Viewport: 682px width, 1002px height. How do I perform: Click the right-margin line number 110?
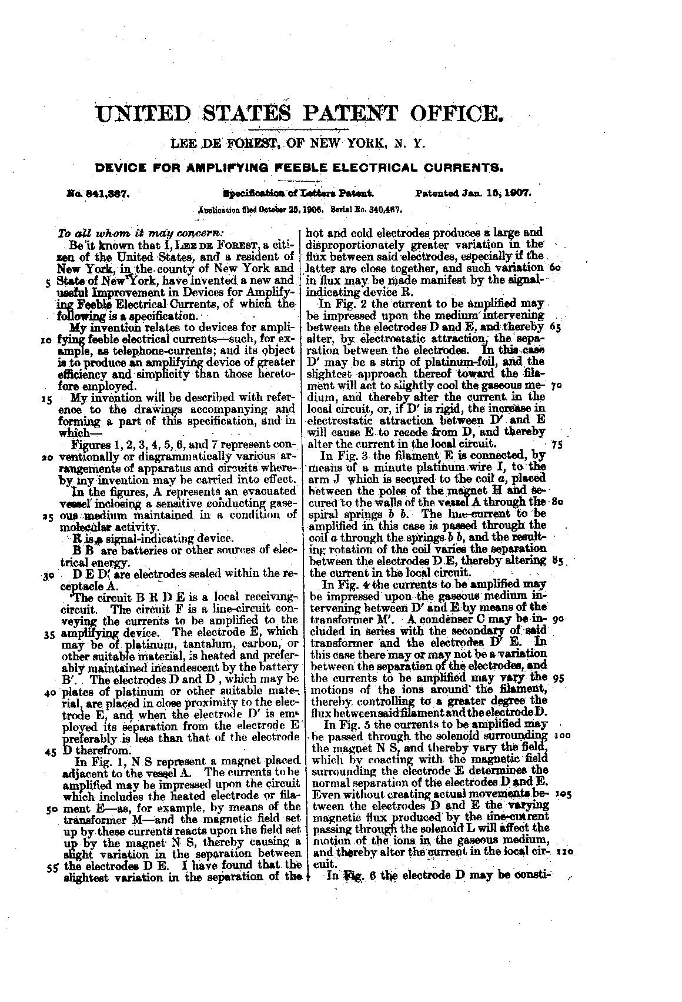coord(563,851)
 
